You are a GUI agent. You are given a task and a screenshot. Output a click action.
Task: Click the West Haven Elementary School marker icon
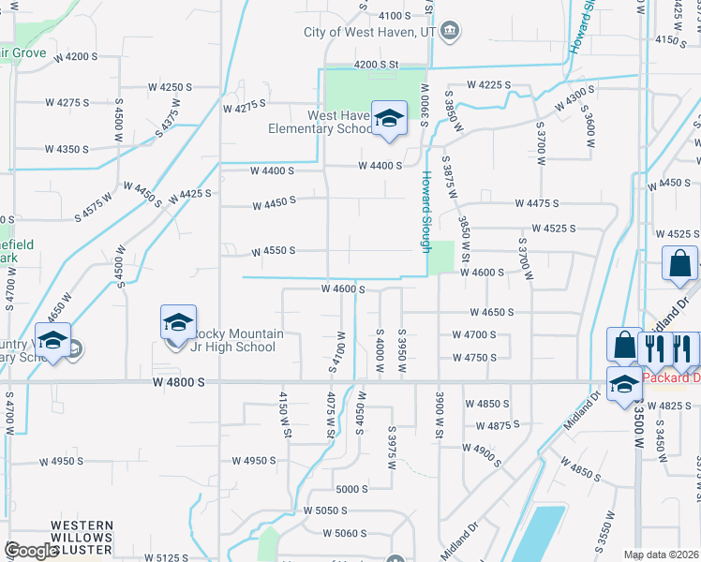(x=389, y=119)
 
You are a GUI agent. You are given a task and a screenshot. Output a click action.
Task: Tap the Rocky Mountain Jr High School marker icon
(x=177, y=324)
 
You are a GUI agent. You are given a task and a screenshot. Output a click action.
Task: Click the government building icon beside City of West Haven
(x=450, y=32)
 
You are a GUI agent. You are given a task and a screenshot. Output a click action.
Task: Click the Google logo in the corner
(x=31, y=550)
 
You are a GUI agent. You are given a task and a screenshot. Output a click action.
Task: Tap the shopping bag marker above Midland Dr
(x=679, y=264)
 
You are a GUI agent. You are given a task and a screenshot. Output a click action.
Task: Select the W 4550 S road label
(x=273, y=251)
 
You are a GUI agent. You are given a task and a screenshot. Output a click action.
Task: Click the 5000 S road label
(x=352, y=489)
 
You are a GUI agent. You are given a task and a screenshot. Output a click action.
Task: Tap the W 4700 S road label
(x=473, y=334)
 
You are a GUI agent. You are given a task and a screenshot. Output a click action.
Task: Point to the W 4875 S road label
(x=498, y=426)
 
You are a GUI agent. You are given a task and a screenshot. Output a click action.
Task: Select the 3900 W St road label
(x=438, y=408)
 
